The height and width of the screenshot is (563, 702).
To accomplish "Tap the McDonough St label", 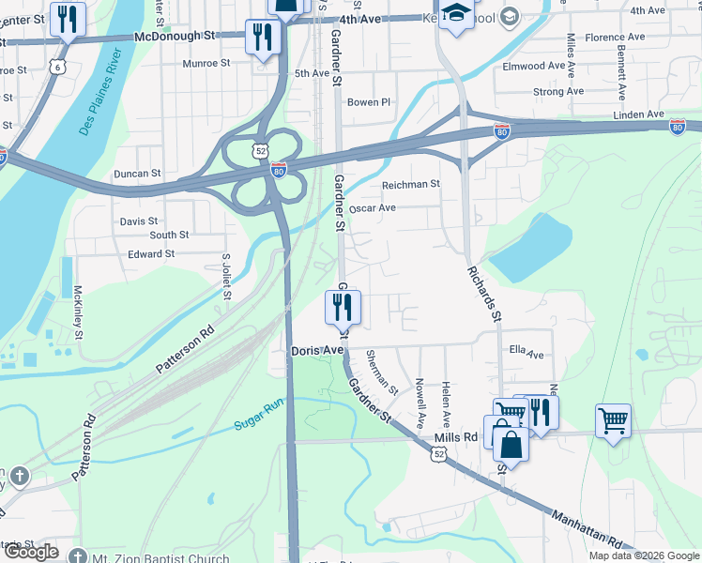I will point(175,36).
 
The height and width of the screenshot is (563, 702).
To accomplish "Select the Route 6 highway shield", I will point(59,67).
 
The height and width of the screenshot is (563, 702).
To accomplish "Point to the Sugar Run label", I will point(258,421).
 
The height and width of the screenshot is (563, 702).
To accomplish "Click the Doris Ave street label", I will point(317,350).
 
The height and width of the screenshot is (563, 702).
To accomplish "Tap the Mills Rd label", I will point(456,437).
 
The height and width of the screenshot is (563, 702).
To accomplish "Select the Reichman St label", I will point(411,184).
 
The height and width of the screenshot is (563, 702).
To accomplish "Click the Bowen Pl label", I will point(368,102).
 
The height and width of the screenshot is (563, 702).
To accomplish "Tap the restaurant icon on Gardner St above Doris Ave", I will point(342,305).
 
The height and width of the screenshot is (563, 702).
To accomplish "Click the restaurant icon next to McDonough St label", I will point(262,37).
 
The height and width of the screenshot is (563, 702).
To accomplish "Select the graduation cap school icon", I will point(456,14).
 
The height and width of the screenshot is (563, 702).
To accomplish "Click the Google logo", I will point(32,552).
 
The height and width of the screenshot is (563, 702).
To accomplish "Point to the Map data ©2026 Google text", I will point(644,555).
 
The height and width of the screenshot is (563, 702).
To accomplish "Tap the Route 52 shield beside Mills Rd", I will point(439,453).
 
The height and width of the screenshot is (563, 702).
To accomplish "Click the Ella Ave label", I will point(526,354).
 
